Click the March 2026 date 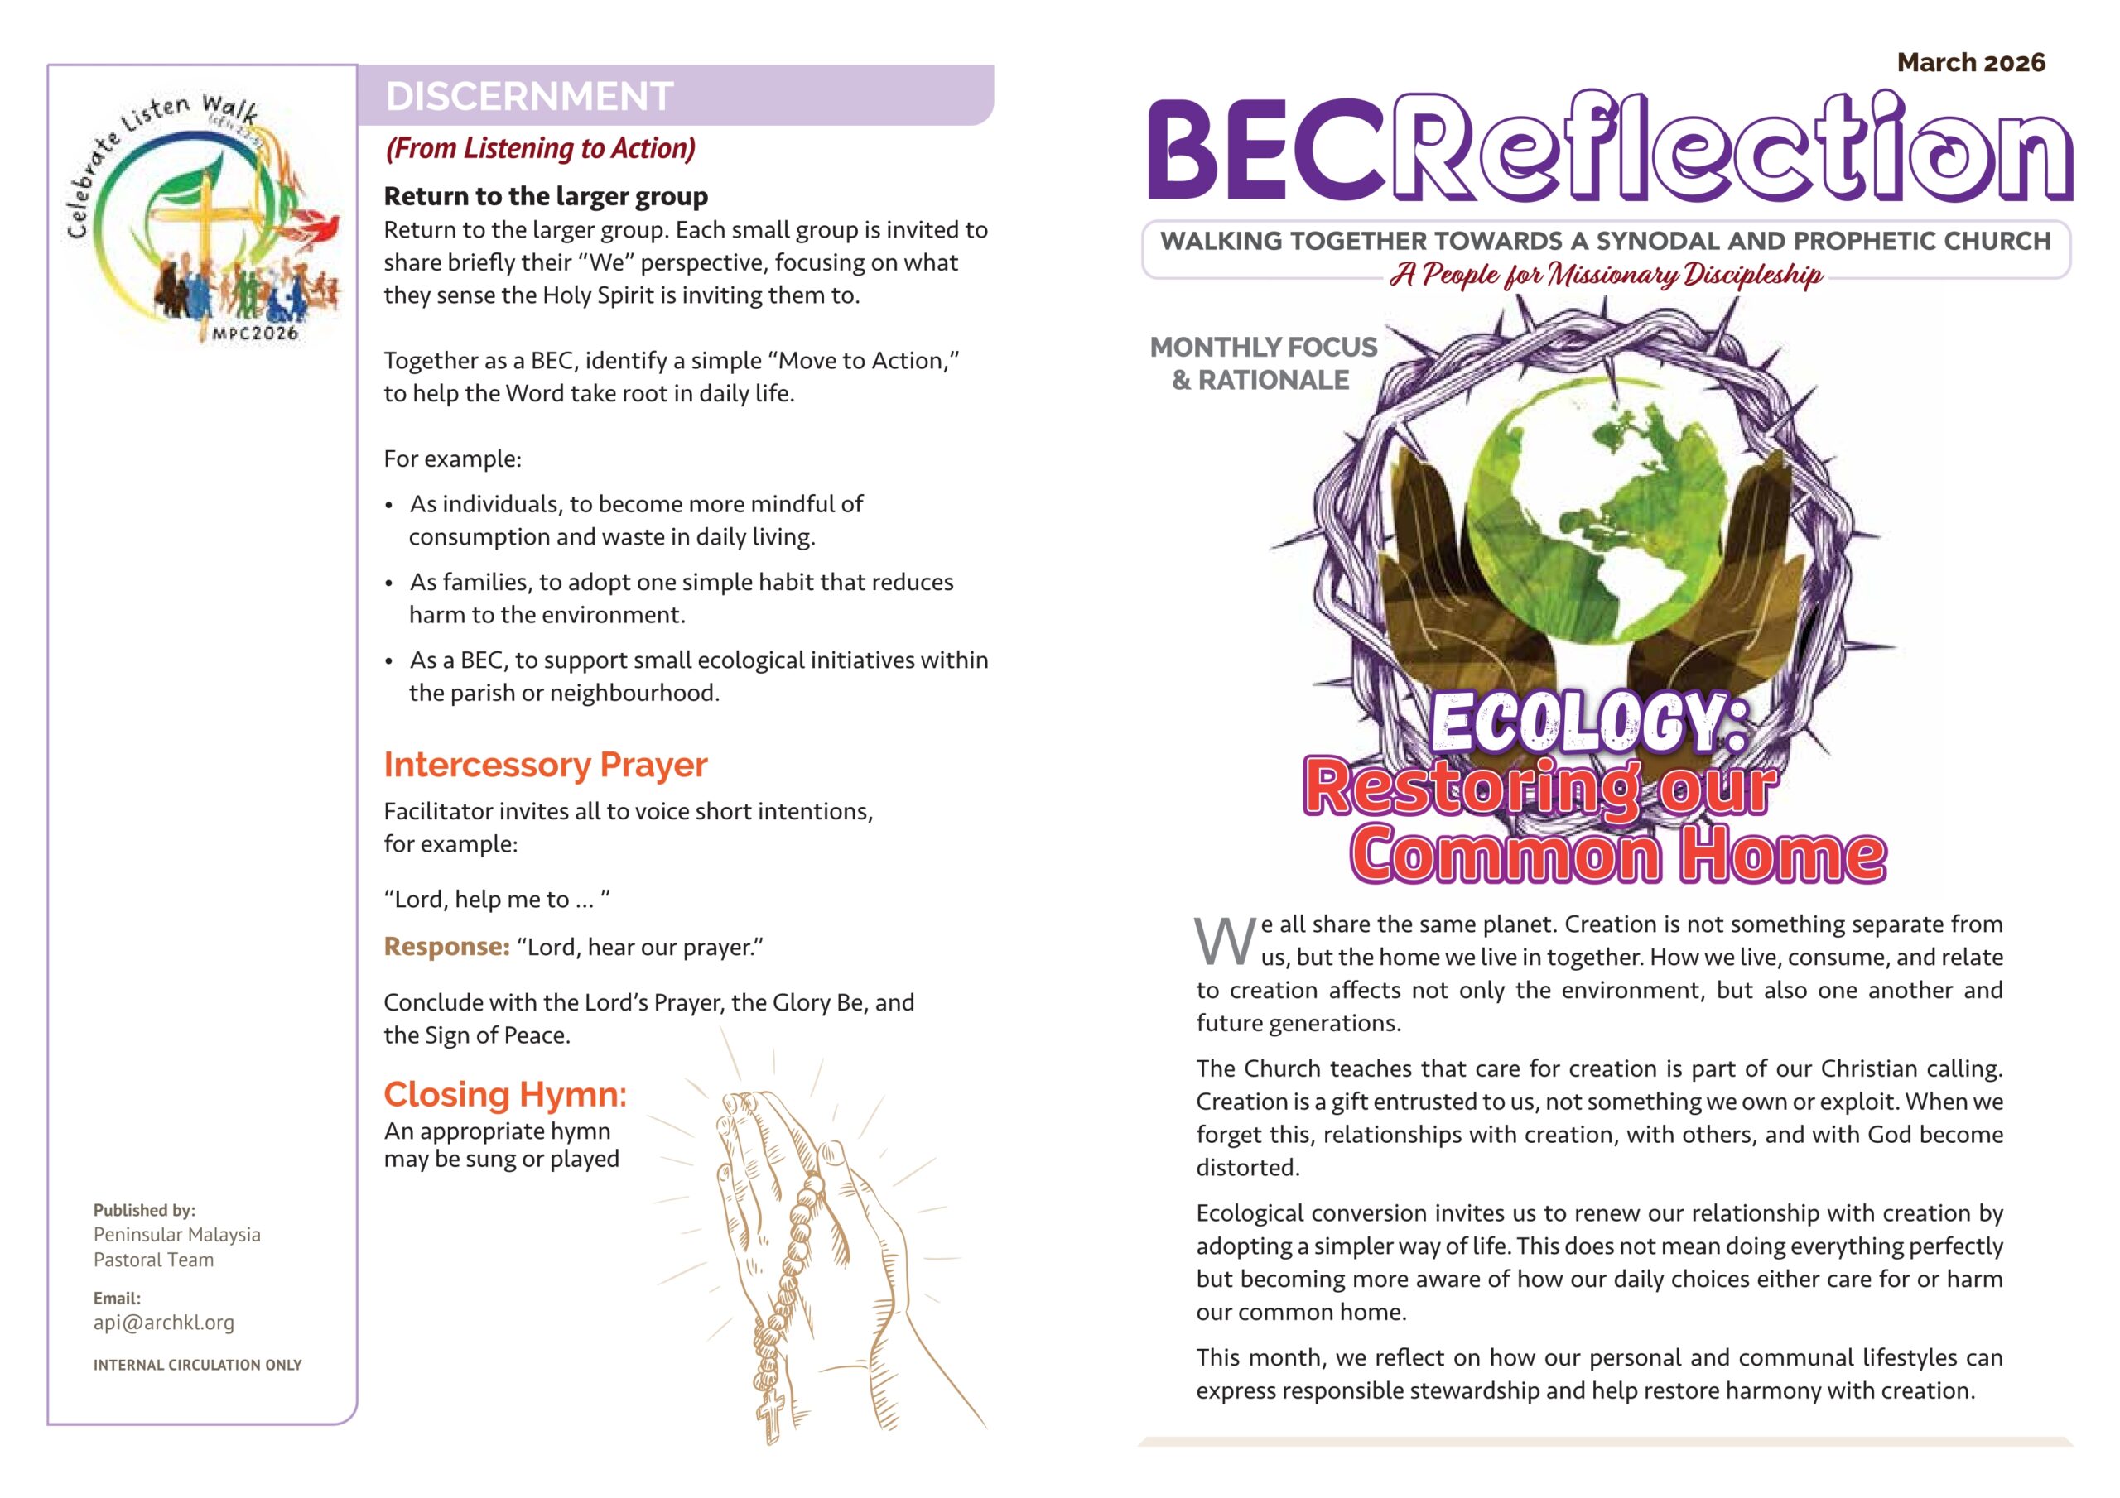click(1970, 63)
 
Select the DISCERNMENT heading click(529, 96)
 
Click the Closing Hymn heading click(505, 1094)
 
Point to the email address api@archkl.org click(163, 1322)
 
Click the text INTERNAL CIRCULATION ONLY click(198, 1364)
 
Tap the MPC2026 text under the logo click(255, 334)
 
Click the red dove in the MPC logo click(319, 224)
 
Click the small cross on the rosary click(771, 1414)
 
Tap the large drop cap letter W click(1224, 942)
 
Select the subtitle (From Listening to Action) click(540, 149)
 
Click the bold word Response click(447, 947)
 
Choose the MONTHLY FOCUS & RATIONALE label click(1262, 362)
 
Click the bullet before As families click(390, 583)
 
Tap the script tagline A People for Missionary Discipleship click(1606, 275)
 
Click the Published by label click(144, 1210)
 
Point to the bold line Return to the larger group click(546, 197)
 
